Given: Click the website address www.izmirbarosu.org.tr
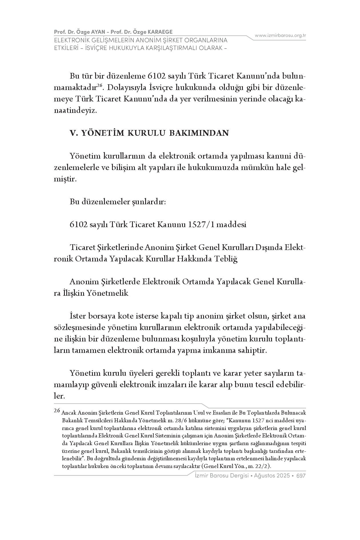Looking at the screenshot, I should pyautogui.click(x=280, y=35).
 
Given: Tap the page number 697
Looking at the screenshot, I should pyautogui.click(x=301, y=476).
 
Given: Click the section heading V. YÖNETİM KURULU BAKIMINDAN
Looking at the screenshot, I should pyautogui.click(x=149, y=133).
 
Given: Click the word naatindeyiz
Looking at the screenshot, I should pyautogui.click(x=75, y=110).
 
